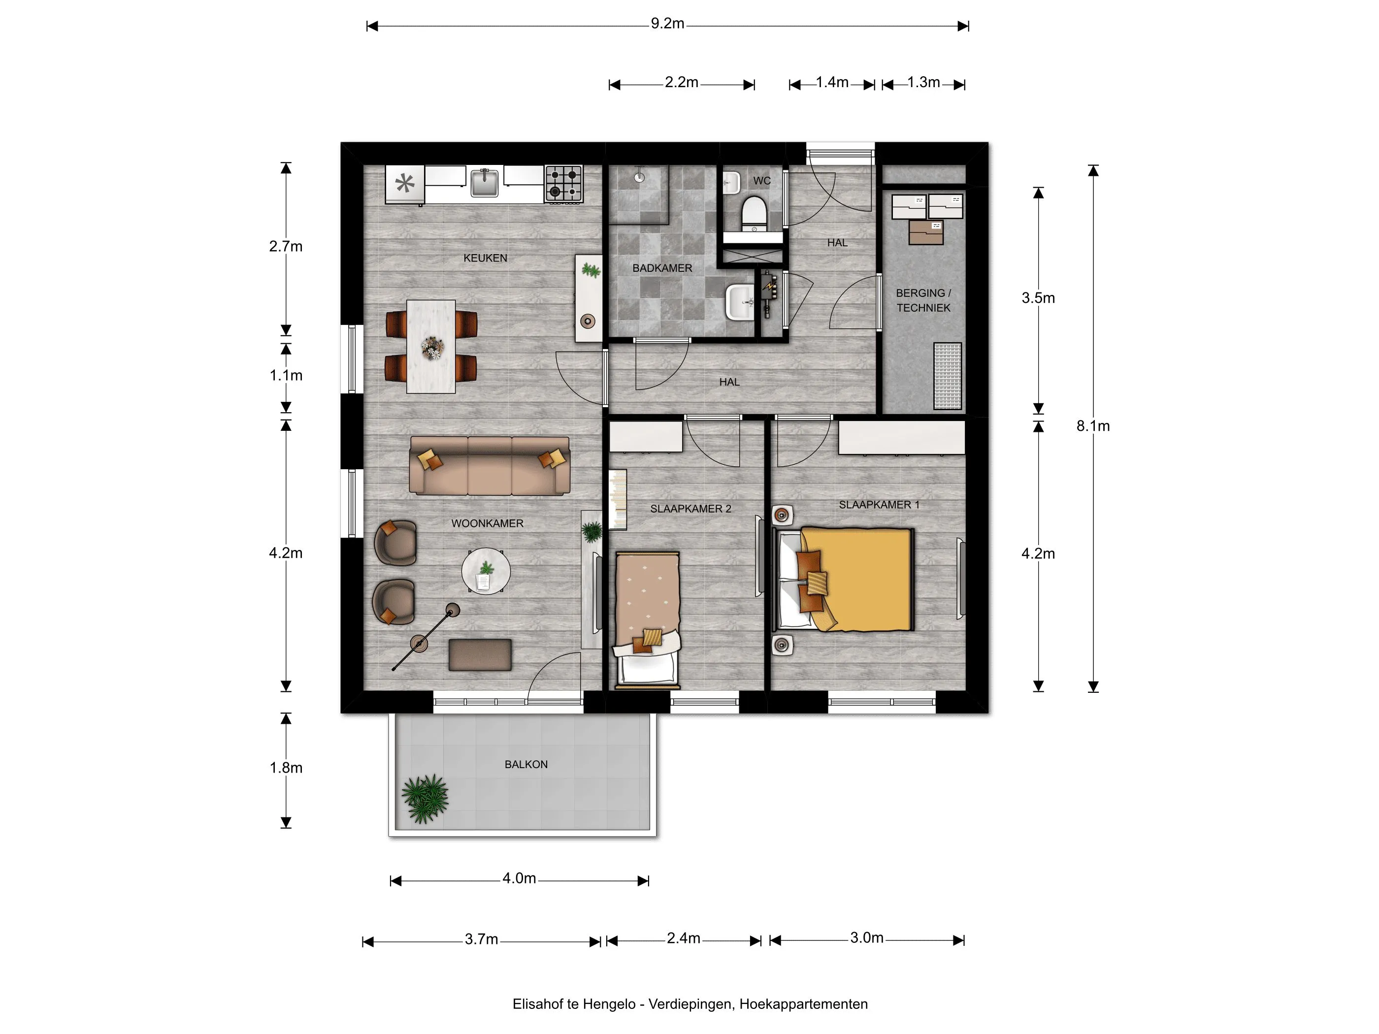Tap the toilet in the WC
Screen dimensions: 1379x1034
753,211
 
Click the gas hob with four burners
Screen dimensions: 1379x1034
563,183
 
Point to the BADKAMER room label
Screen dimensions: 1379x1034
662,268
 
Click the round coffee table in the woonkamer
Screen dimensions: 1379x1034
486,571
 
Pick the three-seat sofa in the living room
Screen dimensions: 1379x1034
490,466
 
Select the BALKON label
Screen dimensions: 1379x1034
526,764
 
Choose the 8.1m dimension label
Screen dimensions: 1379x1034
1093,426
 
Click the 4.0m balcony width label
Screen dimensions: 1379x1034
519,878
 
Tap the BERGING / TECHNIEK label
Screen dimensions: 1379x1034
923,300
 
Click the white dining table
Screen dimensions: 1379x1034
431,347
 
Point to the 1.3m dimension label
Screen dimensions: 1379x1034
923,82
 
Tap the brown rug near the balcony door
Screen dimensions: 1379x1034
480,654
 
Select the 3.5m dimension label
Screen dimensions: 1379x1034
1038,298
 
